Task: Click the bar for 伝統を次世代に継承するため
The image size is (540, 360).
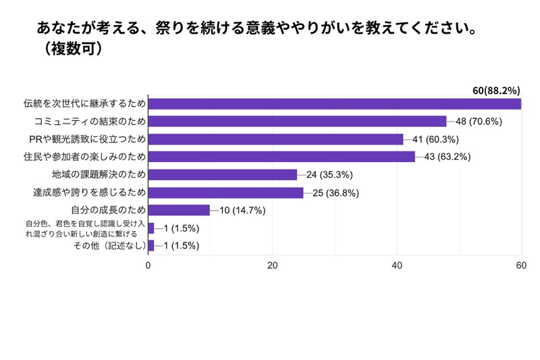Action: tap(334, 103)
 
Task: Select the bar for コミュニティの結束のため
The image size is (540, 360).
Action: tap(297, 122)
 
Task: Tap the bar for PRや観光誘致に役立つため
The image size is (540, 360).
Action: tap(275, 139)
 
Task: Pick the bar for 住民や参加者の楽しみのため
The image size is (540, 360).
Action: tap(281, 157)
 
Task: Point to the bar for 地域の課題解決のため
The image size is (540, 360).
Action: tap(222, 174)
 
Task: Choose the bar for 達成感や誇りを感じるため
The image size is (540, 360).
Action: tap(225, 192)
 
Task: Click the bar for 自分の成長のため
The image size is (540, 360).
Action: tap(179, 210)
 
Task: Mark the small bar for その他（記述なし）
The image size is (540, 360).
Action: tap(151, 245)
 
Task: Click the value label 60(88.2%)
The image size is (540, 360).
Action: tap(495, 90)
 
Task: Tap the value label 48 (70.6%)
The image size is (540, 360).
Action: tap(483, 122)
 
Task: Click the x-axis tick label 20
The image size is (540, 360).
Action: tap(273, 265)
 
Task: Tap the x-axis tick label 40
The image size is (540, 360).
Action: tap(397, 265)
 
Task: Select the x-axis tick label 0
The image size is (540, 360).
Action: tap(148, 265)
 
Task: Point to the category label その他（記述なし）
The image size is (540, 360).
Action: tap(109, 245)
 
